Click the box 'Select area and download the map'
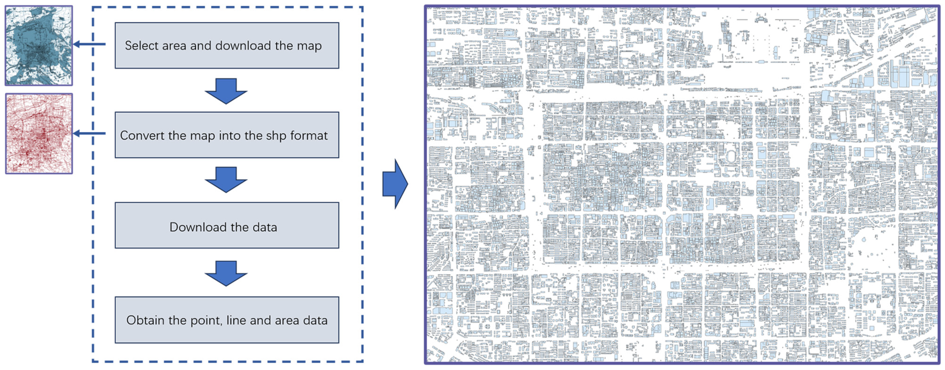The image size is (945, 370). [227, 46]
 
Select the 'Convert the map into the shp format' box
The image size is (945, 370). [227, 135]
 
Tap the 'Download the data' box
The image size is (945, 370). [227, 225]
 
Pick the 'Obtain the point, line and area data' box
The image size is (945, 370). [227, 320]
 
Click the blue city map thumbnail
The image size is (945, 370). [38, 46]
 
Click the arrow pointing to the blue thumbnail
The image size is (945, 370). [90, 44]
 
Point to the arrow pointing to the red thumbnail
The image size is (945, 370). [90, 133]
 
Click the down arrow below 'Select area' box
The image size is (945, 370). [226, 91]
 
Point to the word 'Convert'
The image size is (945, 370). [142, 136]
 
